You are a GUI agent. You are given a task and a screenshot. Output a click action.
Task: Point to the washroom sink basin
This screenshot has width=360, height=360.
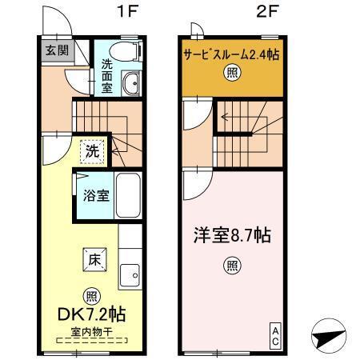pyautogui.click(x=130, y=81)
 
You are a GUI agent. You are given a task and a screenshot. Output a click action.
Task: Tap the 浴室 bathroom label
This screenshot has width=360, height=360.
pyautogui.click(x=97, y=197)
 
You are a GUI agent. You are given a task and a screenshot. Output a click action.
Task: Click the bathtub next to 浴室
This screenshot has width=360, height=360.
pyautogui.click(x=129, y=196)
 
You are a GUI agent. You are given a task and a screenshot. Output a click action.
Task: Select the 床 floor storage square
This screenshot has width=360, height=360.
pyautogui.click(x=93, y=258)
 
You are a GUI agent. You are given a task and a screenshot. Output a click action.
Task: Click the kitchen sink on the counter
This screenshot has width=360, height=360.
pyautogui.click(x=130, y=277)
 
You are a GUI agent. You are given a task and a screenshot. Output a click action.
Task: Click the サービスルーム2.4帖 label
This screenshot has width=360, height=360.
pyautogui.click(x=231, y=56)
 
